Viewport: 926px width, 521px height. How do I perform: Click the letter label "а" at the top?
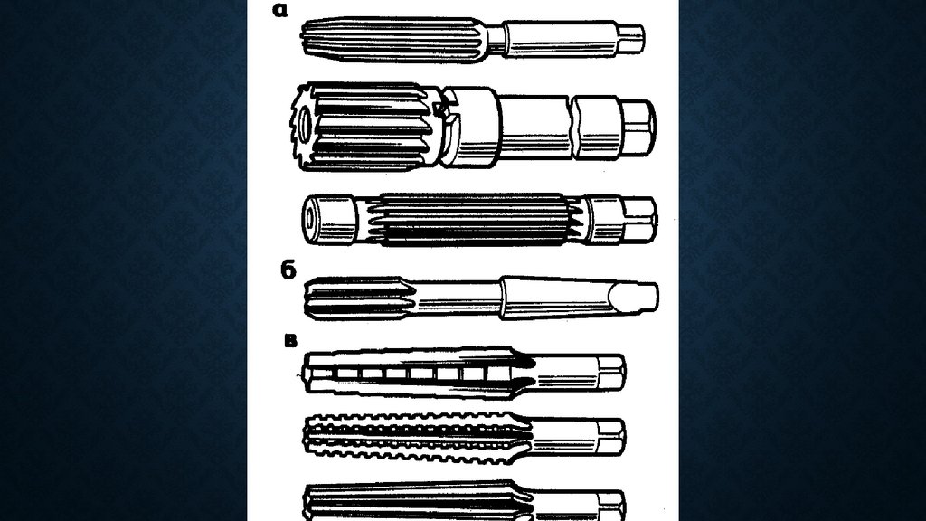(x=280, y=10)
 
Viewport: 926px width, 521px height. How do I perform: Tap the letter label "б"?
(x=288, y=270)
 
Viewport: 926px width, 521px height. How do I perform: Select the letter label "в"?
(x=290, y=341)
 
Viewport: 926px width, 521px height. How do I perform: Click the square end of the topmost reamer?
(x=631, y=38)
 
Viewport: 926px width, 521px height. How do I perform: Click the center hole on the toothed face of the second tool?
(x=305, y=125)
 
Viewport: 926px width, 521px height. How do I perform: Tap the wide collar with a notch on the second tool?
(x=470, y=127)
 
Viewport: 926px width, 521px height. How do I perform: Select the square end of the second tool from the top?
(x=638, y=128)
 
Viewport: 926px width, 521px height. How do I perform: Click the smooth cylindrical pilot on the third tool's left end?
(x=329, y=219)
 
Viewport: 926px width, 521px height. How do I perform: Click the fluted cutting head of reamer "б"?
(x=357, y=298)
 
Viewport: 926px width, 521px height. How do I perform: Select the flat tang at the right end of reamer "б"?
(x=636, y=297)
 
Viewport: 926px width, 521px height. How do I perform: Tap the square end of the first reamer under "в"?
(x=612, y=373)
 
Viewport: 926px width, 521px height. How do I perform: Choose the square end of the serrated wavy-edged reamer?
(x=612, y=437)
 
